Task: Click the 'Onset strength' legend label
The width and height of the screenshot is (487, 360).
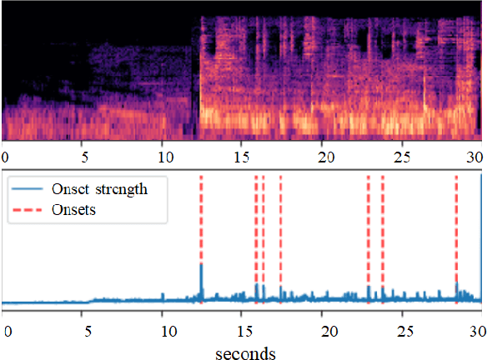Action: click(101, 189)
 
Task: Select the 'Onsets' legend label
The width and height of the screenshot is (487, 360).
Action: click(73, 210)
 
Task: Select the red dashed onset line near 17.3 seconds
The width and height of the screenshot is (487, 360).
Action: click(280, 233)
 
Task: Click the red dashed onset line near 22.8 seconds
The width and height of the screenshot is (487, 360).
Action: click(368, 233)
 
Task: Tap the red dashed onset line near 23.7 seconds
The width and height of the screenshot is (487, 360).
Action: click(383, 233)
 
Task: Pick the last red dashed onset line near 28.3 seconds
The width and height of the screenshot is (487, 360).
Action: click(456, 233)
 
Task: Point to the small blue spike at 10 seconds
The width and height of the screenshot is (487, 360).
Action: click(163, 294)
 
